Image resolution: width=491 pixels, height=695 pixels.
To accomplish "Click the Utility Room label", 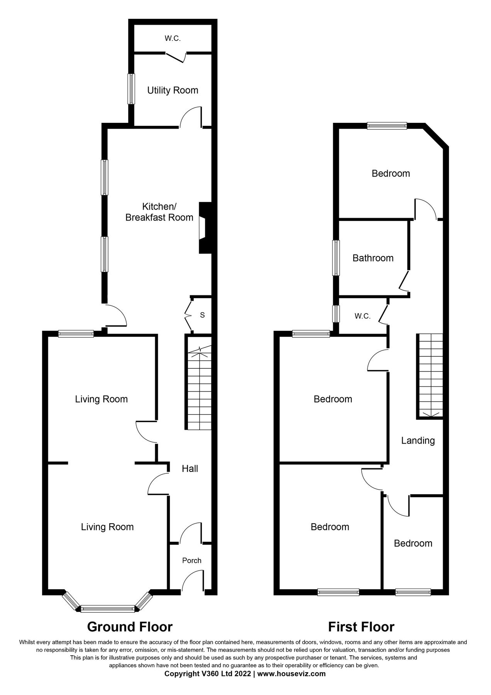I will click(173, 90).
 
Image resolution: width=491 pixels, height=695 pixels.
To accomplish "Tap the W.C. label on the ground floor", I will click(173, 39).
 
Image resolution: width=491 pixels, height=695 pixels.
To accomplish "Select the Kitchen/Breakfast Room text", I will click(159, 212).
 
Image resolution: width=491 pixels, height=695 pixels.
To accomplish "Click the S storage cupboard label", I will click(202, 315).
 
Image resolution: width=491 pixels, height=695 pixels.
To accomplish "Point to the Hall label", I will click(190, 469).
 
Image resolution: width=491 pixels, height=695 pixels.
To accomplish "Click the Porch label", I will click(192, 561).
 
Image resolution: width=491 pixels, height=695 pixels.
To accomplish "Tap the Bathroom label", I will click(373, 258).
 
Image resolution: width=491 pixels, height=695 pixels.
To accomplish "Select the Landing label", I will click(418, 441).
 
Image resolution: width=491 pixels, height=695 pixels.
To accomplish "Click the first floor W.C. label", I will click(362, 317).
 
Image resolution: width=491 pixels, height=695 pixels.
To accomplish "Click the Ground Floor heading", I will click(130, 626).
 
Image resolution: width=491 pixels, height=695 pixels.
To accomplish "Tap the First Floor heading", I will click(361, 626).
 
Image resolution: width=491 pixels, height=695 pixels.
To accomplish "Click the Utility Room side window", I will click(131, 89).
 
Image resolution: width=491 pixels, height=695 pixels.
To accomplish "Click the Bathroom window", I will click(337, 258).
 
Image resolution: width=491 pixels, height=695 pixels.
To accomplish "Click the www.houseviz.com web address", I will click(291, 674).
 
